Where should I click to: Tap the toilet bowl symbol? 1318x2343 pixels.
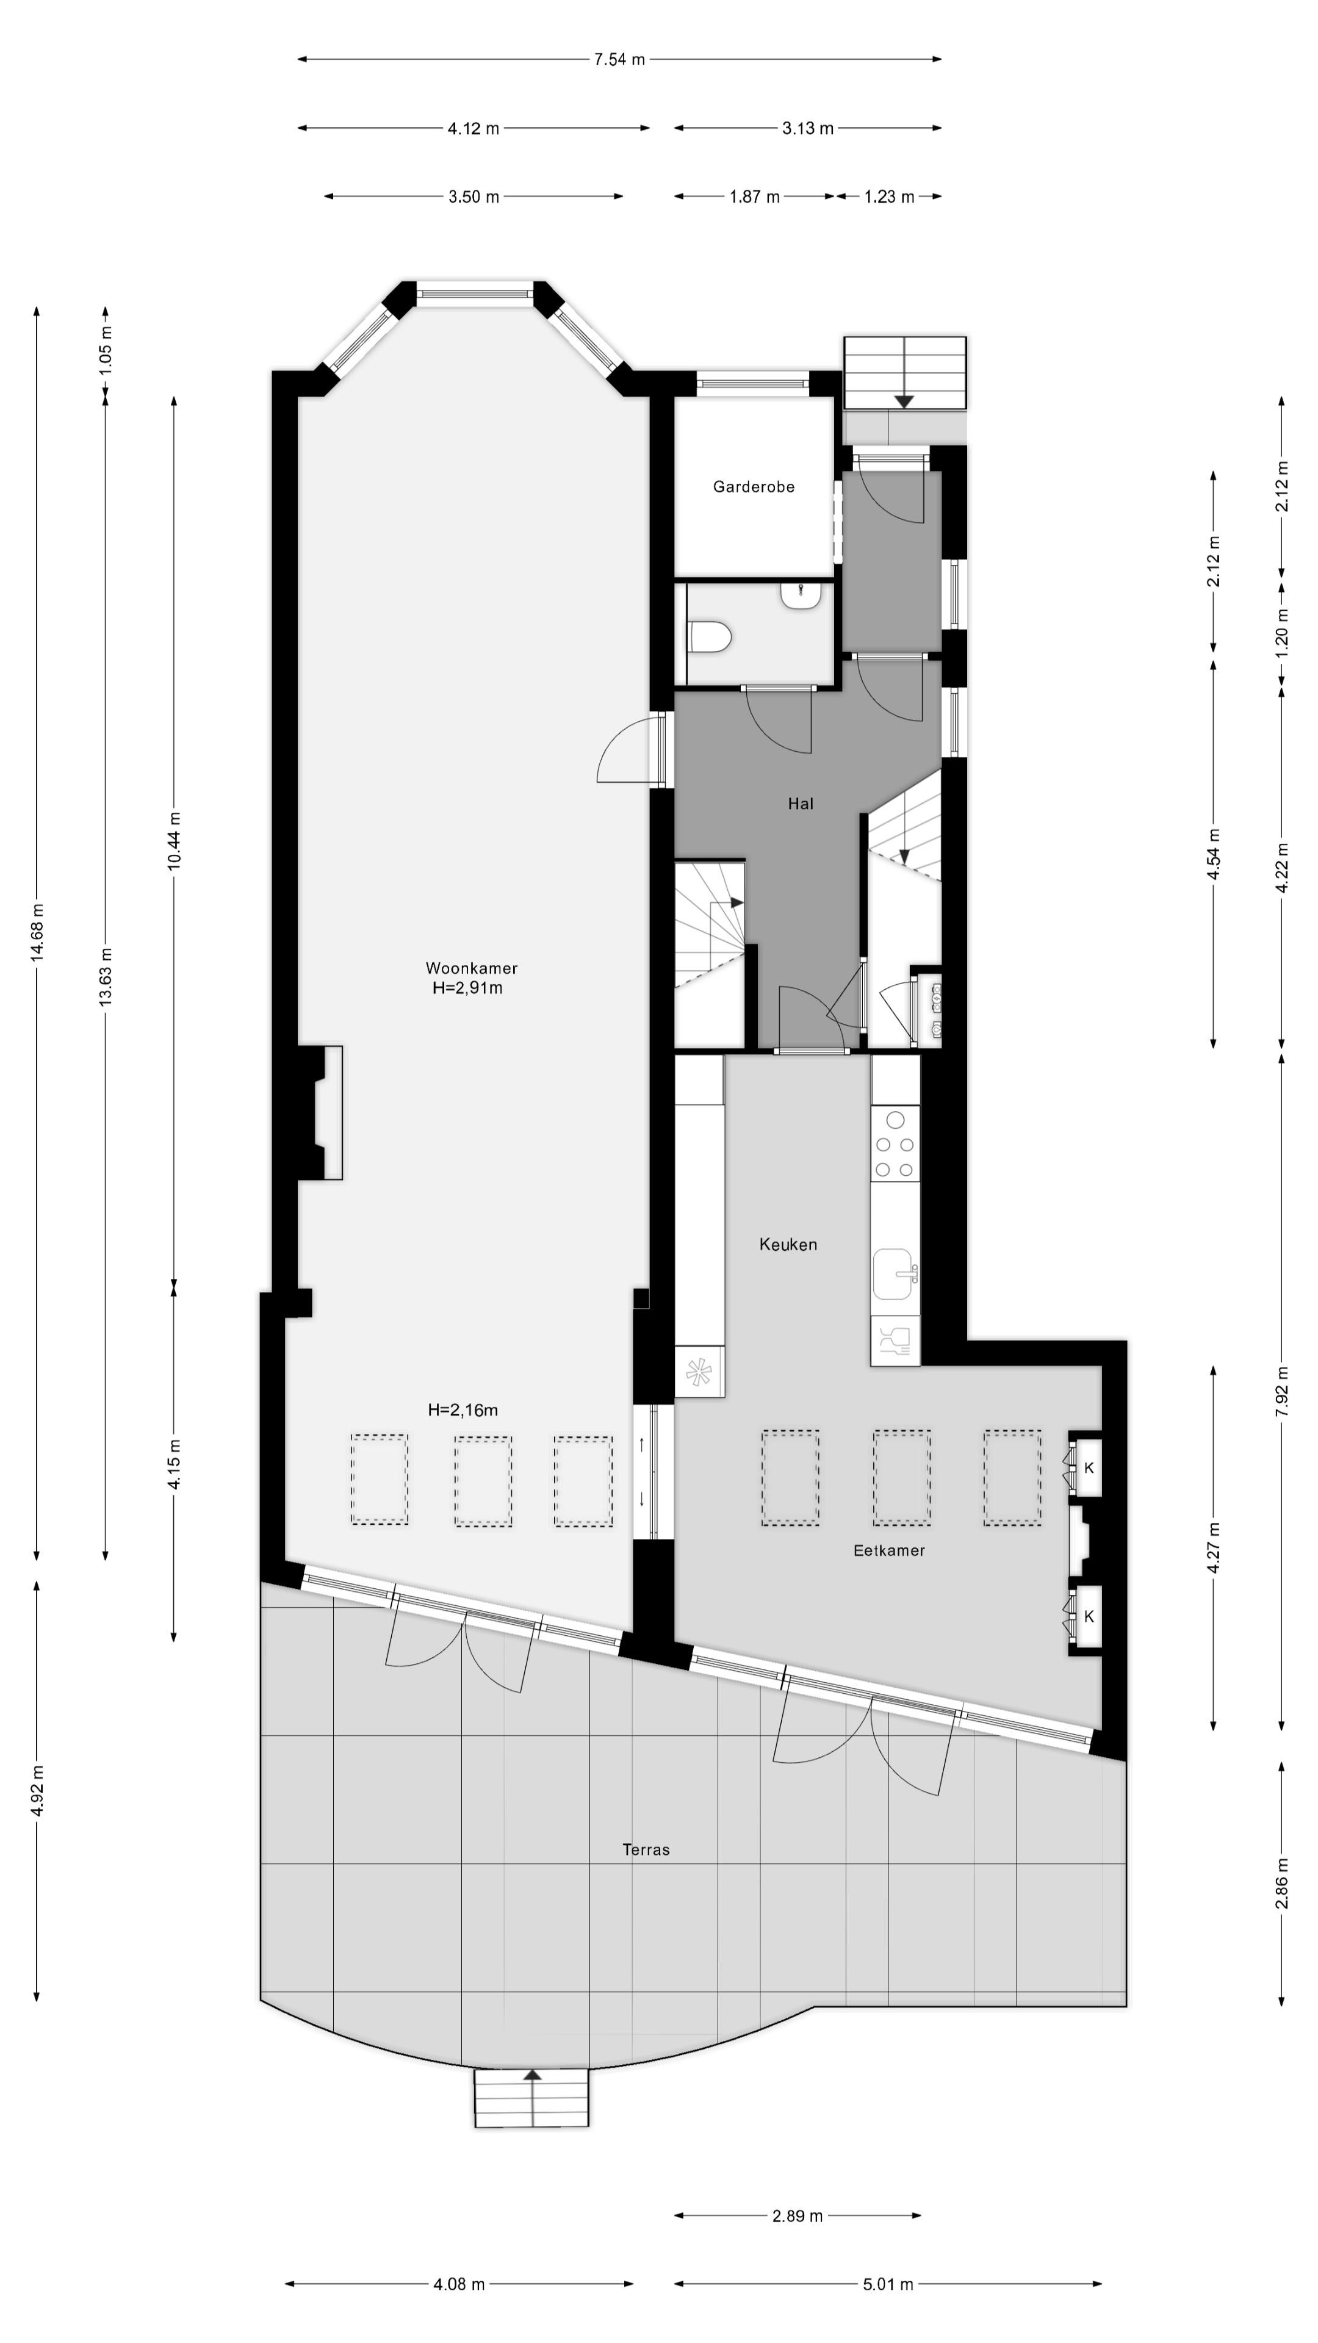(710, 636)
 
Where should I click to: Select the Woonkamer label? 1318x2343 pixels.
(471, 968)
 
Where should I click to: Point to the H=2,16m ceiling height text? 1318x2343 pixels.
(463, 1410)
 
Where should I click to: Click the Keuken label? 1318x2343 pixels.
(788, 1244)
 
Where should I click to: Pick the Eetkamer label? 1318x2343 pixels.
(888, 1550)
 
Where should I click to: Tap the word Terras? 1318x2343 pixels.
(646, 1849)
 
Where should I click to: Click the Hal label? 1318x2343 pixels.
(801, 803)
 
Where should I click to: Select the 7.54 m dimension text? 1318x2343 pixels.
(619, 59)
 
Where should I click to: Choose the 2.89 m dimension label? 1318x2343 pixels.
(797, 2215)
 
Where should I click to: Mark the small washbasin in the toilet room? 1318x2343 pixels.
(801, 595)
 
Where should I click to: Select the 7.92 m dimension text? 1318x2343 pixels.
(1281, 1391)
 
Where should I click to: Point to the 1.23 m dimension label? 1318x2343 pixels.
(888, 196)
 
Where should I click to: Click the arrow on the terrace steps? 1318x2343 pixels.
(532, 2076)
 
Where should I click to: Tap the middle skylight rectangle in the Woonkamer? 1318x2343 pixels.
(483, 1481)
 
